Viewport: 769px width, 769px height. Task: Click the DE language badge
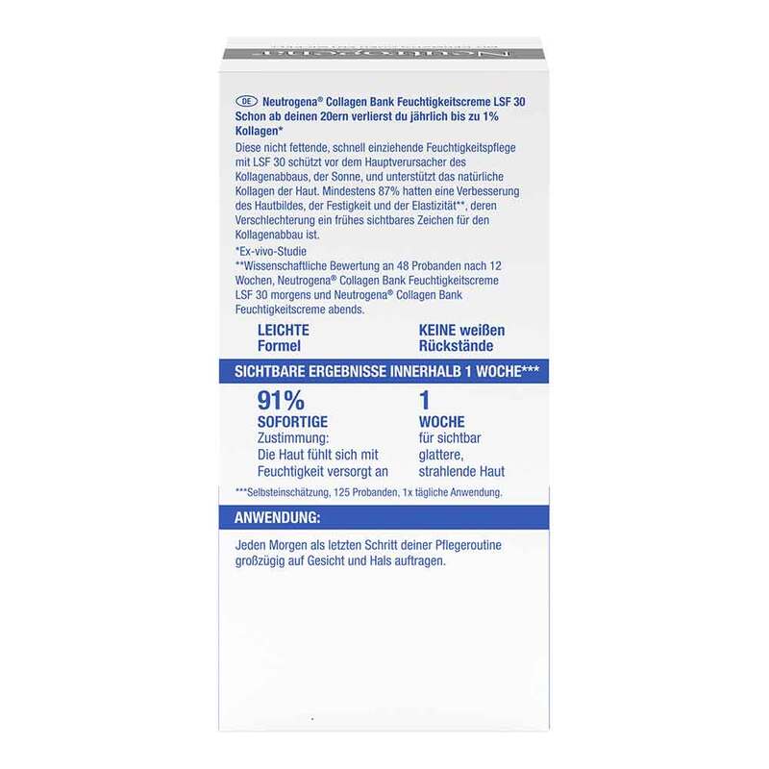click(246, 100)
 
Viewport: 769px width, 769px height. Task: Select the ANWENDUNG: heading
click(278, 519)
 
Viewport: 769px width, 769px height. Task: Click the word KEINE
click(438, 330)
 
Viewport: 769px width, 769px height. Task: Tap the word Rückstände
click(458, 346)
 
